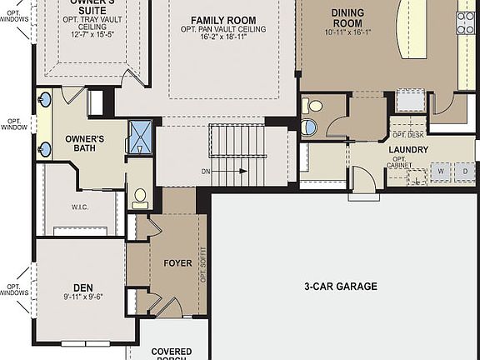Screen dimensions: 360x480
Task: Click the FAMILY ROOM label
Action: pyautogui.click(x=222, y=20)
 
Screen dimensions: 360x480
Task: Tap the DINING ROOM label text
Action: pyautogui.click(x=347, y=17)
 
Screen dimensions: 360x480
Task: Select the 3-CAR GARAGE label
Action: pyautogui.click(x=340, y=287)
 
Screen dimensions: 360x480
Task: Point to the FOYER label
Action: pyautogui.click(x=177, y=263)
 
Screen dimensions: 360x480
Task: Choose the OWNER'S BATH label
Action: pyautogui.click(x=84, y=143)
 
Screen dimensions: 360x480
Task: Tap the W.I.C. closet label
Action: pyautogui.click(x=80, y=207)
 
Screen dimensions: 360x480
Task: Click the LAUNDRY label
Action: pyautogui.click(x=408, y=150)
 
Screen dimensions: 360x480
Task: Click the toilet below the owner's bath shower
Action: pyautogui.click(x=139, y=198)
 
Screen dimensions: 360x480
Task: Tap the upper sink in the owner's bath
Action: pyautogui.click(x=45, y=100)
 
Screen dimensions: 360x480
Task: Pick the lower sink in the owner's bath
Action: pyautogui.click(x=45, y=149)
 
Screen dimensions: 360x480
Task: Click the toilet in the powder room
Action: pyautogui.click(x=313, y=106)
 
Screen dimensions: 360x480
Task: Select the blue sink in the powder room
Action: pyautogui.click(x=309, y=127)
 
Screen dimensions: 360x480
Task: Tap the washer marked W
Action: pyautogui.click(x=440, y=172)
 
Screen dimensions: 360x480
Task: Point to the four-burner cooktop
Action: pyautogui.click(x=465, y=22)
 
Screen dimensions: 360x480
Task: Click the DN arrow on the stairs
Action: pyautogui.click(x=226, y=172)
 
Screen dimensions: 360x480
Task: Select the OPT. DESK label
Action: pyautogui.click(x=407, y=135)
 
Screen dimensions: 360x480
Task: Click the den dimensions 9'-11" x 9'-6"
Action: pyautogui.click(x=82, y=296)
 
